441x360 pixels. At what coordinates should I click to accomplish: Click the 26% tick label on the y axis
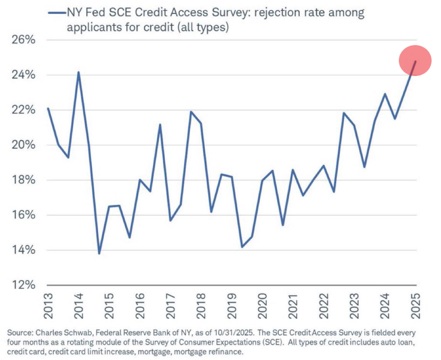pyautogui.click(x=21, y=40)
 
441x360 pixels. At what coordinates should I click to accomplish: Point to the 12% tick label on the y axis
pyautogui.click(x=21, y=285)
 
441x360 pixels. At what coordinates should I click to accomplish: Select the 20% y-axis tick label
pyautogui.click(x=21, y=145)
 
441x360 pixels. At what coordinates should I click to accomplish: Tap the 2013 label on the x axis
pyautogui.click(x=48, y=307)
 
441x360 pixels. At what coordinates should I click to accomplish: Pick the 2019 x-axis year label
pyautogui.click(x=232, y=307)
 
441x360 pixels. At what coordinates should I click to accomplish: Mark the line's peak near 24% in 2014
pyautogui.click(x=79, y=72)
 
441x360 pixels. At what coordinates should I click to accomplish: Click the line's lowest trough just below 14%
pyautogui.click(x=99, y=253)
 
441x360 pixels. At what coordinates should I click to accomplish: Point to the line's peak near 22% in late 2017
pyautogui.click(x=190, y=112)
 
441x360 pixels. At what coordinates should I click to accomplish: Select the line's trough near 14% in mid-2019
pyautogui.click(x=242, y=247)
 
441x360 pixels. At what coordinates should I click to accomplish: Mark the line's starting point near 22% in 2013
pyautogui.click(x=48, y=108)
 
